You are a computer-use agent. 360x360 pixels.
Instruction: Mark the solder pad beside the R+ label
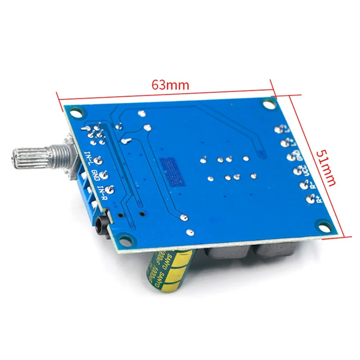coord(309,199)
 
